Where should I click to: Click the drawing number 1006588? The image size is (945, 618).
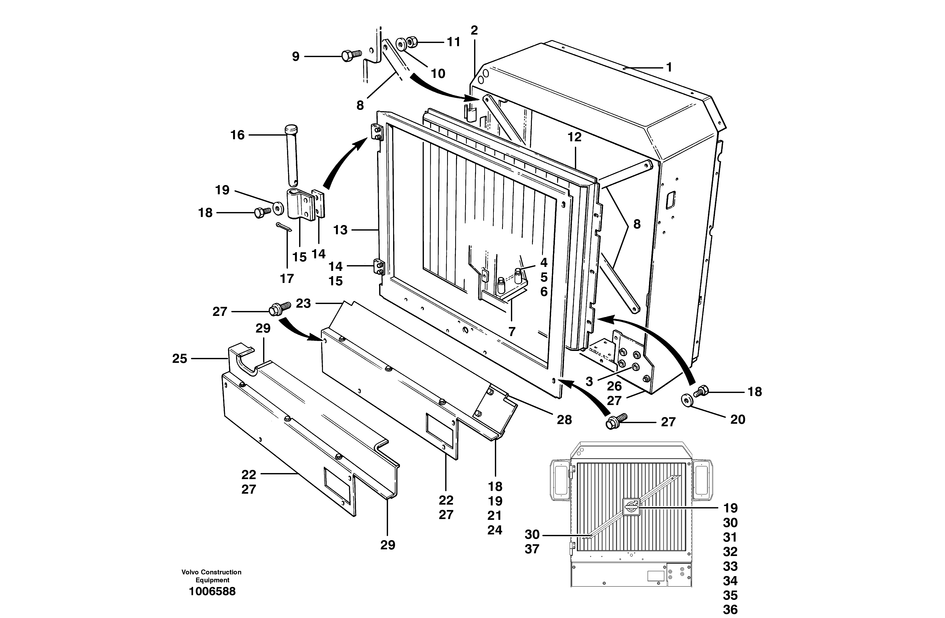click(x=212, y=591)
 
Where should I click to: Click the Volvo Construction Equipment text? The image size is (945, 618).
click(x=211, y=576)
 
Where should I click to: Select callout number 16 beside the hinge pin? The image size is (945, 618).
click(x=238, y=135)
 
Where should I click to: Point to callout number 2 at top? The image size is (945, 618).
click(x=474, y=30)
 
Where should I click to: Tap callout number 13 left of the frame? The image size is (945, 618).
click(x=340, y=230)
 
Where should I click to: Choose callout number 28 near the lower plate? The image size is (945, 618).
click(x=564, y=420)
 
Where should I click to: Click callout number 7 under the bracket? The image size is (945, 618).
click(x=512, y=332)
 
